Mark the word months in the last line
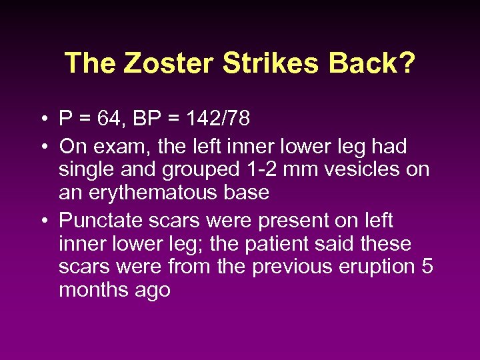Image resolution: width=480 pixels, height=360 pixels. coord(91,291)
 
